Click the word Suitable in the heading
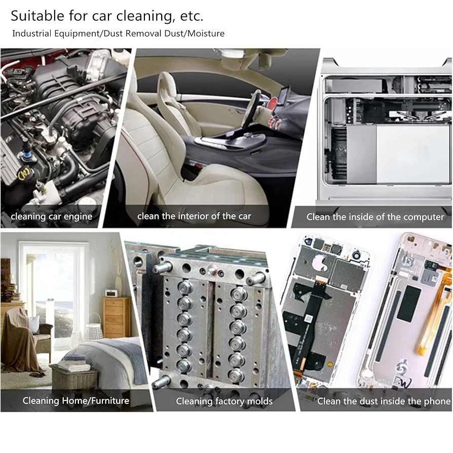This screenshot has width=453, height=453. [x=37, y=16]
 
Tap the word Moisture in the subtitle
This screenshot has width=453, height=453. [x=206, y=33]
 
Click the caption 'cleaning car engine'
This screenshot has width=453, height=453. [x=51, y=216]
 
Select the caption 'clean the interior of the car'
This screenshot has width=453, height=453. [x=194, y=216]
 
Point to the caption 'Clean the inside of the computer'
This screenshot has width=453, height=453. [x=375, y=217]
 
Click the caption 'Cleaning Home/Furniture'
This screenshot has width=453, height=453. [x=75, y=400]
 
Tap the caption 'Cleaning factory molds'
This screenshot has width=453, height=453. [x=224, y=401]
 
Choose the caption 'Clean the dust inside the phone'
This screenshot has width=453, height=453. [x=384, y=401]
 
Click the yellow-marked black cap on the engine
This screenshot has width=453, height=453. [x=24, y=174]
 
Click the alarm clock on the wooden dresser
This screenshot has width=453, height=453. [x=110, y=293]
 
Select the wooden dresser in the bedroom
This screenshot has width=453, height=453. [x=117, y=317]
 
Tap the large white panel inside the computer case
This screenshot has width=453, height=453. [x=413, y=154]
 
